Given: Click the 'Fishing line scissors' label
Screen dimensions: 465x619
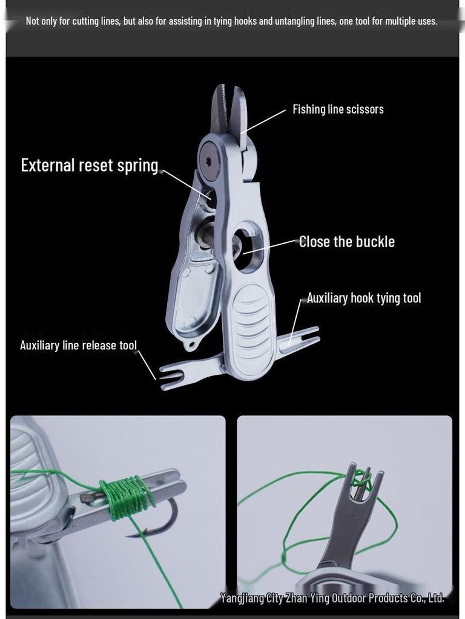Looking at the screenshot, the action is (x=338, y=109).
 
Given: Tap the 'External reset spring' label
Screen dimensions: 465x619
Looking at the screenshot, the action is (x=90, y=166).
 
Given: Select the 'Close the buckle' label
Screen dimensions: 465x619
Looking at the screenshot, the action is (x=347, y=242).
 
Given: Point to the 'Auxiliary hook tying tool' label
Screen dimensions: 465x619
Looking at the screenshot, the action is (x=364, y=298).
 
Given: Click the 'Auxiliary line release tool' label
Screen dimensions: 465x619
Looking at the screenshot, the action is (x=78, y=345).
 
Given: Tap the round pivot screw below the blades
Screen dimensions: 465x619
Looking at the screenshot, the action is (x=209, y=161).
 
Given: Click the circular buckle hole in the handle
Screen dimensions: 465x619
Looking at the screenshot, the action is (x=247, y=247).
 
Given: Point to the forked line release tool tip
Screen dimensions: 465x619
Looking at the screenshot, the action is (x=171, y=377).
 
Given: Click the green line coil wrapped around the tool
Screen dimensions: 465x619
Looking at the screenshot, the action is (x=127, y=497).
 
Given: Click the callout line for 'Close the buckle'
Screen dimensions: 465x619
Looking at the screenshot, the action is (x=271, y=247).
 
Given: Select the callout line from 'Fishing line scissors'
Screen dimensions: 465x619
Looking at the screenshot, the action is (x=263, y=122).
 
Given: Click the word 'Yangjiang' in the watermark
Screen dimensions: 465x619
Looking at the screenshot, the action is (x=242, y=598).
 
